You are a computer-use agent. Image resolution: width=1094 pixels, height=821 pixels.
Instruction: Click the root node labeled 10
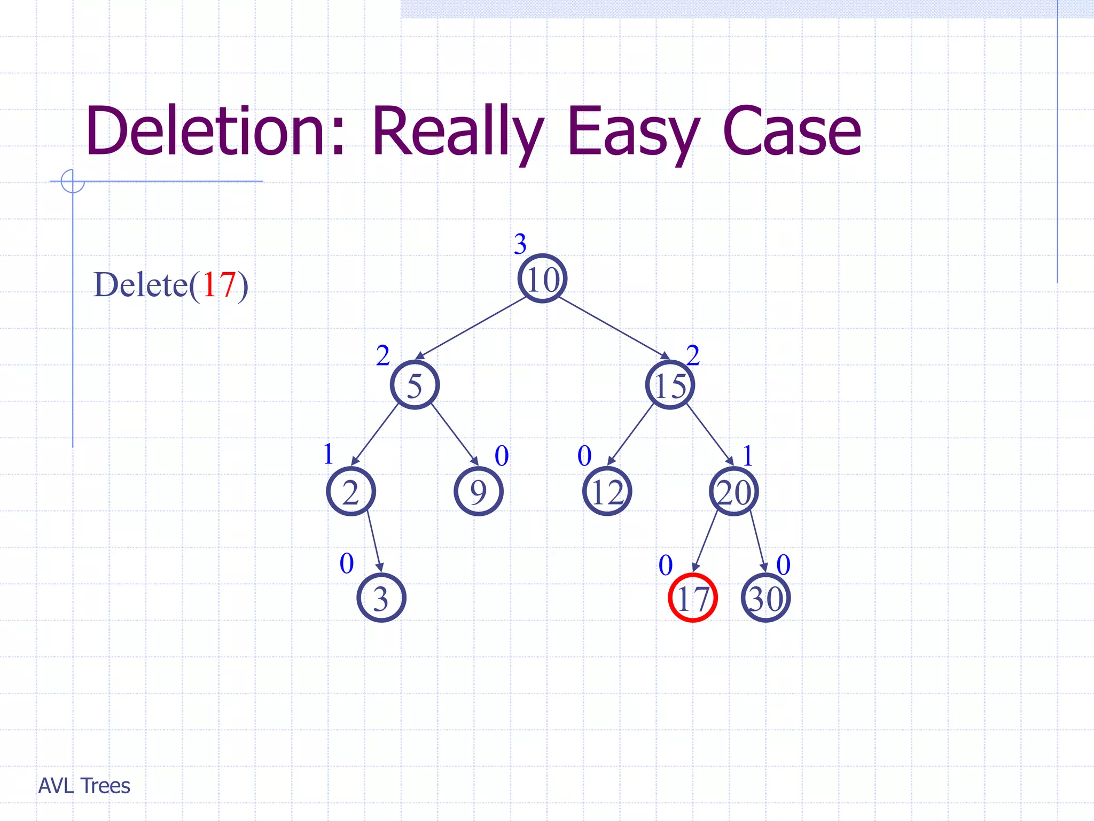pyautogui.click(x=542, y=278)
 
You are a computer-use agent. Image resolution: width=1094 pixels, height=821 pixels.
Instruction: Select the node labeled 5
pyautogui.click(x=415, y=385)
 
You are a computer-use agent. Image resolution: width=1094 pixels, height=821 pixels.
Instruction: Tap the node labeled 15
pyautogui.click(x=670, y=385)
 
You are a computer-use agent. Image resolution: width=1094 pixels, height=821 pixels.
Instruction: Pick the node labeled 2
pyautogui.click(x=351, y=491)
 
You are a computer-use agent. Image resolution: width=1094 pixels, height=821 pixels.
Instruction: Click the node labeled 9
pyautogui.click(x=478, y=491)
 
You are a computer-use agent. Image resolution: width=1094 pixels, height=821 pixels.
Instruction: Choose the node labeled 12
pyautogui.click(x=607, y=491)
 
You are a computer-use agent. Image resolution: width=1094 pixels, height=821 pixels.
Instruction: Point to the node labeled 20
pyautogui.click(x=734, y=491)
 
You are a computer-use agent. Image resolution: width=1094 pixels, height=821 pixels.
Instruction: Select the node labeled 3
pyautogui.click(x=381, y=598)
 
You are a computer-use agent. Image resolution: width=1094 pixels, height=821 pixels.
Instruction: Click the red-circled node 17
pyautogui.click(x=692, y=598)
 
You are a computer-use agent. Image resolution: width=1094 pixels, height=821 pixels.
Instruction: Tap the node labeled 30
pyautogui.click(x=765, y=598)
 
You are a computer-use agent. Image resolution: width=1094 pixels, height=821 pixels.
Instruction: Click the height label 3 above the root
pyautogui.click(x=520, y=244)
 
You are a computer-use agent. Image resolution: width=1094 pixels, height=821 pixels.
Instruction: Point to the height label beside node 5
pyautogui.click(x=382, y=355)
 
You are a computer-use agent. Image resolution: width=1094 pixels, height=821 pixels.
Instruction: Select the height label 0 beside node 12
pyautogui.click(x=584, y=456)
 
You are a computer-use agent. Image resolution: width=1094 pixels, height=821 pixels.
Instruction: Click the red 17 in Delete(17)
pyautogui.click(x=219, y=284)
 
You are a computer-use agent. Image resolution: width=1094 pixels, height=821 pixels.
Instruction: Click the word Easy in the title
pyautogui.click(x=632, y=131)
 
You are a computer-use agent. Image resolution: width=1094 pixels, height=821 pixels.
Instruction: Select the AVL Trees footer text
pyautogui.click(x=84, y=786)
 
